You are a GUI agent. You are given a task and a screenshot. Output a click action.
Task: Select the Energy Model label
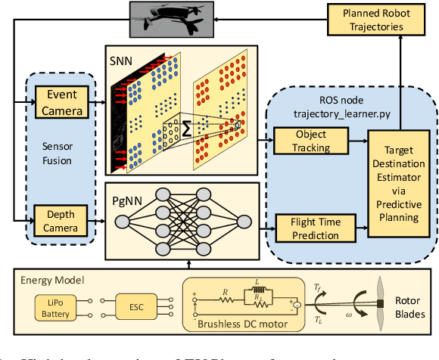(x=46, y=280)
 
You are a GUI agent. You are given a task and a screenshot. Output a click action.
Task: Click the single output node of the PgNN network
(x=243, y=221)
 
